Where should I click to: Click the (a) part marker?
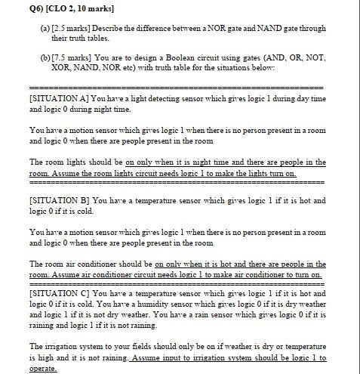click(x=35, y=28)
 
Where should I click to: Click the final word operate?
click(x=44, y=368)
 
